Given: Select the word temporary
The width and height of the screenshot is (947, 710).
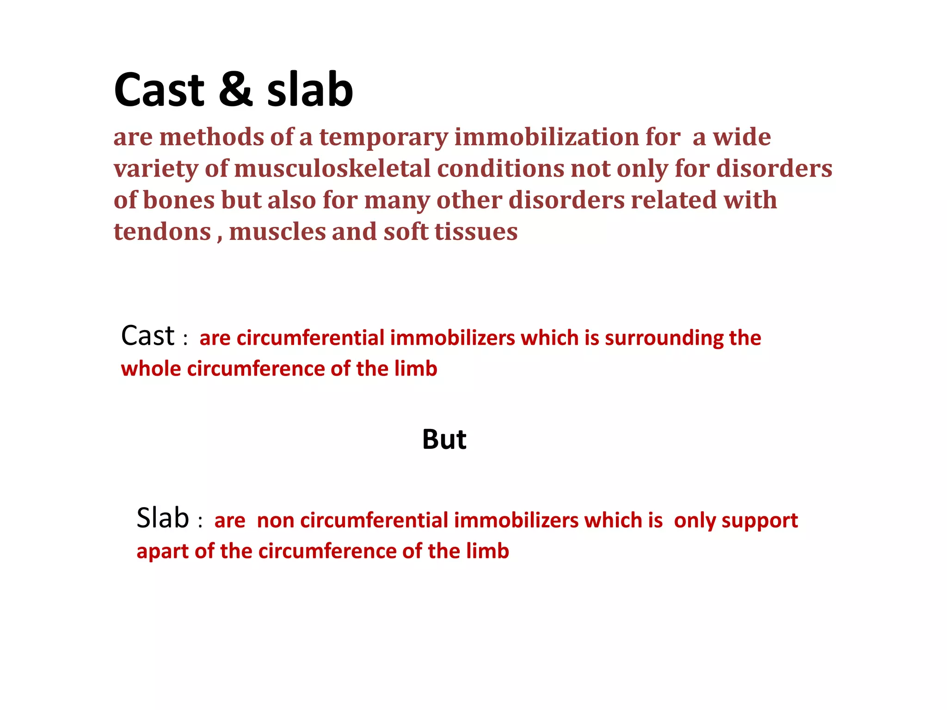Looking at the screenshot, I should [383, 138].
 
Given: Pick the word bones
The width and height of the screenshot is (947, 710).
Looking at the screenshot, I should [178, 200].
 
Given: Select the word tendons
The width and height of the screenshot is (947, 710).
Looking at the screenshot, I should [162, 232].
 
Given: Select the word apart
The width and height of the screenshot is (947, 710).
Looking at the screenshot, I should [162, 552].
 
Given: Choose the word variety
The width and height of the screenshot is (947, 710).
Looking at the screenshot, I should [156, 169].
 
